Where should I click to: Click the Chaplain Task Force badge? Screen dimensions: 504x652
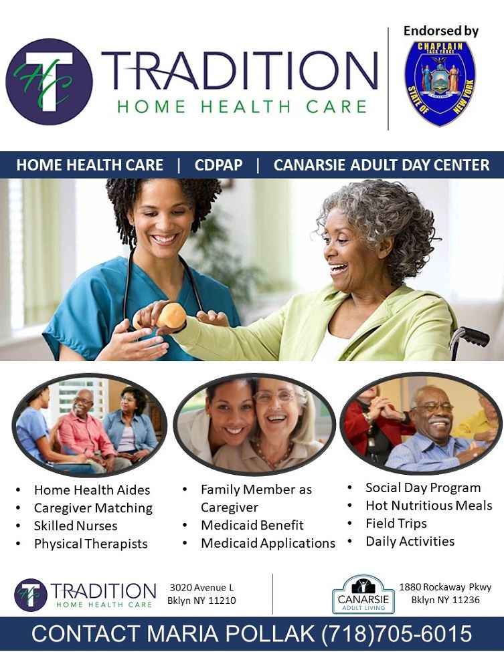point(440,83)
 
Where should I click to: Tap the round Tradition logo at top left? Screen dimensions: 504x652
point(49,82)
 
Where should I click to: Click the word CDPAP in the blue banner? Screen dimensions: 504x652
point(218,165)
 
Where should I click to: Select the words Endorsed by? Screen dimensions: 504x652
point(441,31)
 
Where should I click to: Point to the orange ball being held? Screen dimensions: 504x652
point(171,315)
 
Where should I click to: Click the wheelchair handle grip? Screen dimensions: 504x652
point(474,336)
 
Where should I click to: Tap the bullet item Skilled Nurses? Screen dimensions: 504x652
point(76,526)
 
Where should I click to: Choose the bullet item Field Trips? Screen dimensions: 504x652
point(396,523)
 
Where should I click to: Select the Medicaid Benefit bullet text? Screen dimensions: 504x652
point(252,525)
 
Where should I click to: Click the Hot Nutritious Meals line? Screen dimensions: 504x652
point(428,506)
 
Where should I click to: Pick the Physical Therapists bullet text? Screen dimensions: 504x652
point(91,544)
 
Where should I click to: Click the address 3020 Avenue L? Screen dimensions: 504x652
point(202,588)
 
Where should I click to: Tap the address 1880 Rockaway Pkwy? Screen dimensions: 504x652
point(445,586)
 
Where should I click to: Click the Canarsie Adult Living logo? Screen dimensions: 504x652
point(363,594)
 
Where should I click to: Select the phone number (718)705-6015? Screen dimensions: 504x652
point(397,634)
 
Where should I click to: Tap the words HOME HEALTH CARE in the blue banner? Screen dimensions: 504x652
point(90,165)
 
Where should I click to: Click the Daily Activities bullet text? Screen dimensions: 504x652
point(410,541)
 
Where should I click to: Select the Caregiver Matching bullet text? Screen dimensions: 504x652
point(93,508)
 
